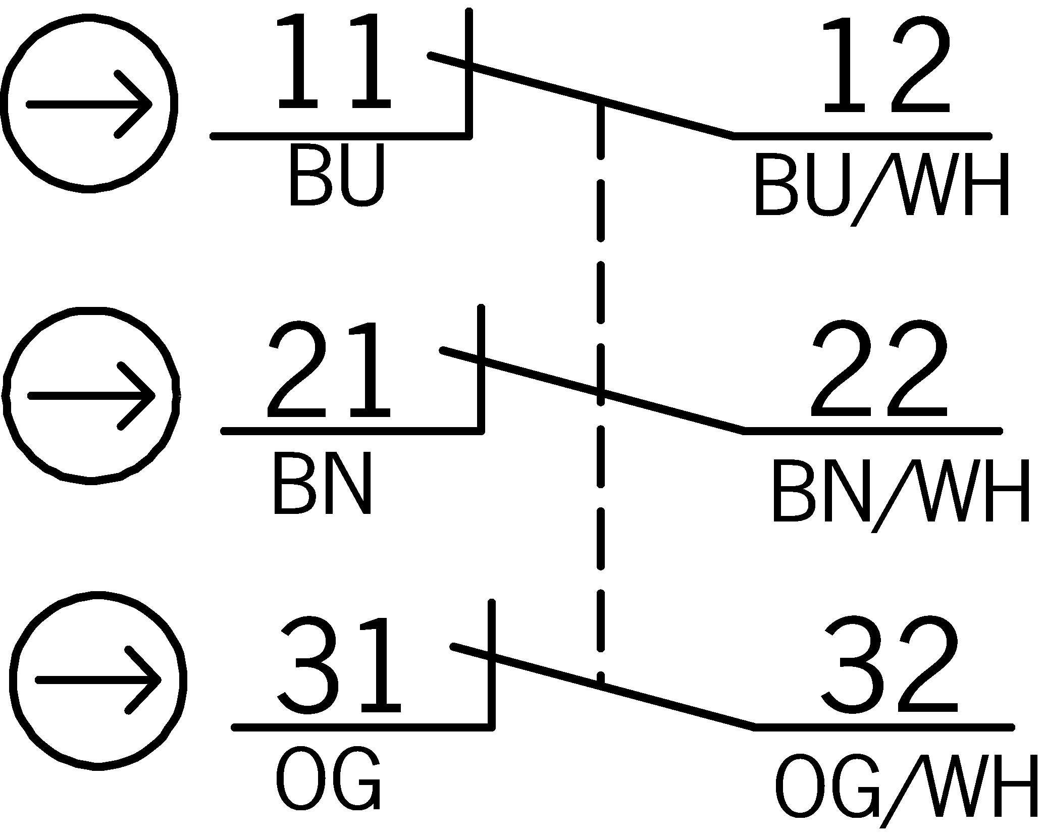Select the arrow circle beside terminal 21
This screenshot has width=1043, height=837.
coord(91,395)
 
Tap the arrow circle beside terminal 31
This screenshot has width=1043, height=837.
coord(98,681)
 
